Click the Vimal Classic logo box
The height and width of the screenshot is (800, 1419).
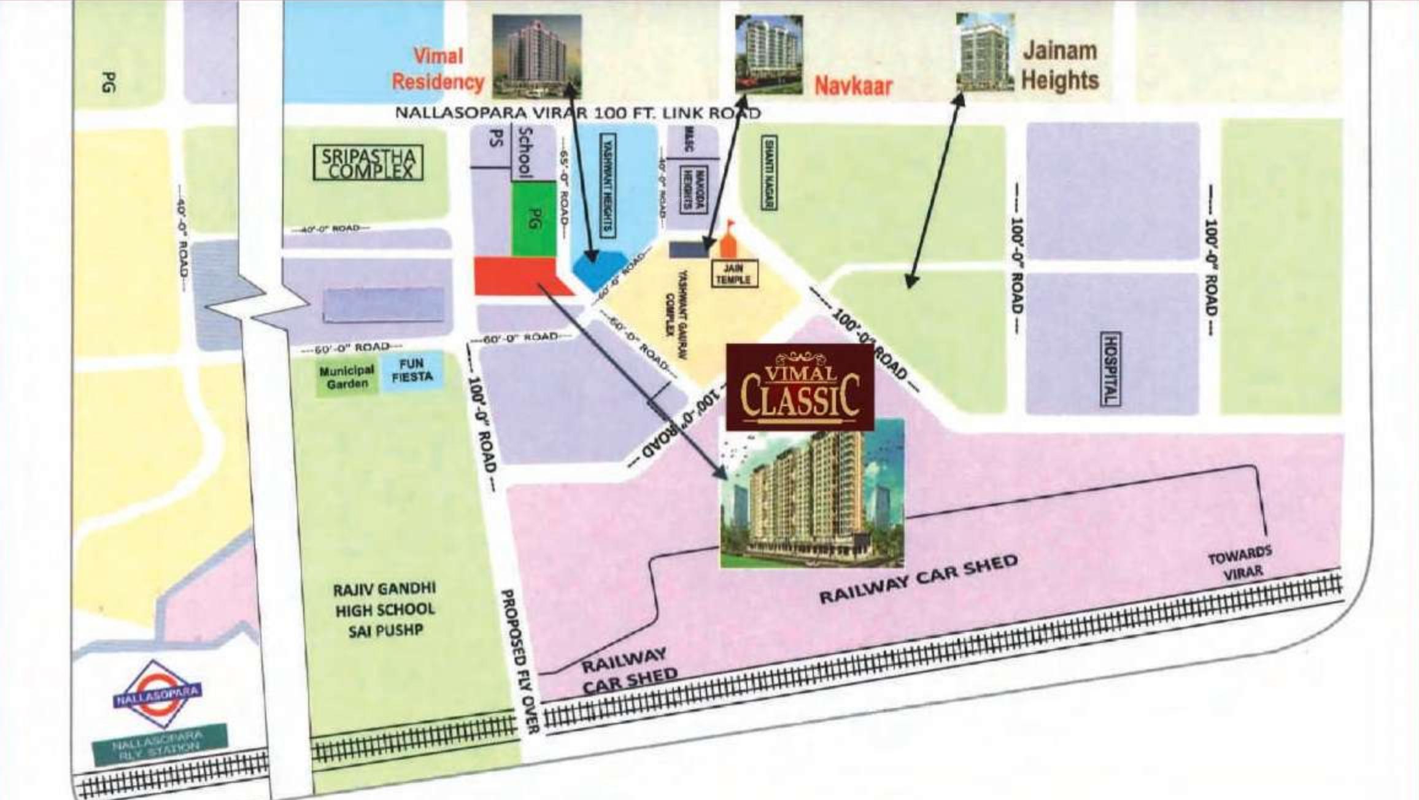point(800,388)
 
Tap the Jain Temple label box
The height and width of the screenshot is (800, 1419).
point(733,273)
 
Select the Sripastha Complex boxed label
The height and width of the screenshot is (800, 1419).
point(368,163)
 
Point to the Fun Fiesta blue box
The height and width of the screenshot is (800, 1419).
point(412,371)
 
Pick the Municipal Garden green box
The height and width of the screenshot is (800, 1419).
point(346,377)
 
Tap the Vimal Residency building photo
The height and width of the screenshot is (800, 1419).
point(536,56)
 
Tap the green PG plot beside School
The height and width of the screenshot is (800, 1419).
point(533,219)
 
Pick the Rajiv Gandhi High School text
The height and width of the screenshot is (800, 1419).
point(385,609)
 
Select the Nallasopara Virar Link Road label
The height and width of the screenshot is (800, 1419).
point(577,113)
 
